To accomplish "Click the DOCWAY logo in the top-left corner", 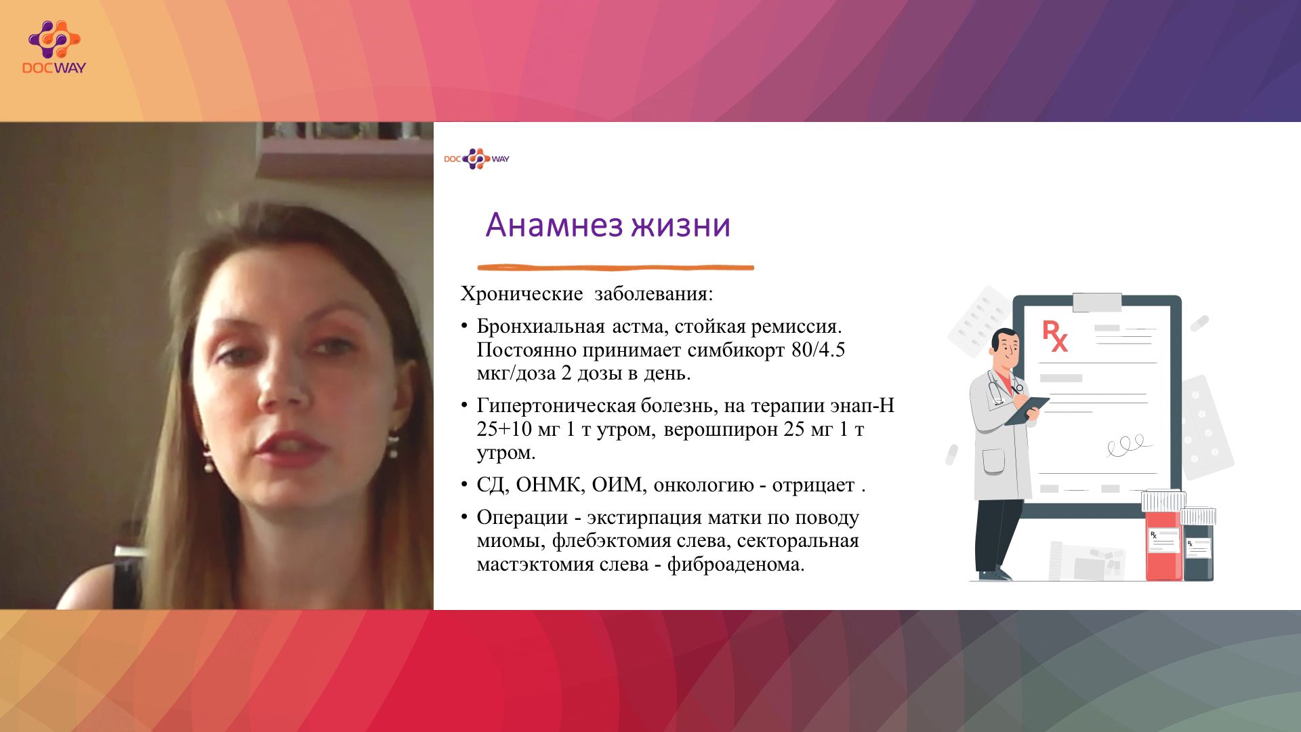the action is [54, 47].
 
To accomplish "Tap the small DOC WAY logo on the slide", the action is [476, 159].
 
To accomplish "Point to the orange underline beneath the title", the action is [615, 268].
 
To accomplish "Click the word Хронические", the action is [522, 294].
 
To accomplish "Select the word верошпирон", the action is [721, 430].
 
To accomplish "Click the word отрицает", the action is [813, 486].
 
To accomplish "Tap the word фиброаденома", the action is [735, 565].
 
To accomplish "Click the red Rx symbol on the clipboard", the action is [1054, 336].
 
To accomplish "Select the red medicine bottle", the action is [1163, 536].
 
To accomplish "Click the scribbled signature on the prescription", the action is [1130, 445].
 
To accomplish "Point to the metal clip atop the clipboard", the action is [1097, 302].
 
